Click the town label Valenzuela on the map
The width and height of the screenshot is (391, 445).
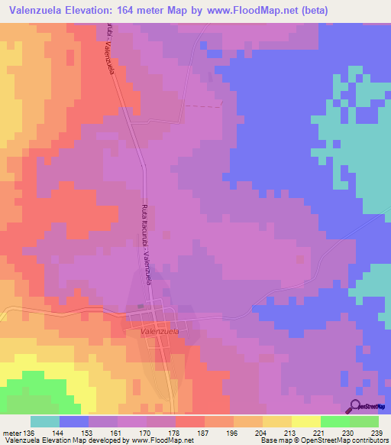pyautogui.click(x=160, y=333)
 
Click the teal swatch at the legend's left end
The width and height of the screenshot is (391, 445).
pyautogui.click(x=45, y=421)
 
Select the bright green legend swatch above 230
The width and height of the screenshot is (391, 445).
pyautogui.click(x=335, y=421)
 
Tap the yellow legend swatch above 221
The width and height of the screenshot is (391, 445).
pyautogui.click(x=306, y=421)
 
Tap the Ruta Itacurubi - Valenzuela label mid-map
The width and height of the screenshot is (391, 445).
pyautogui.click(x=147, y=245)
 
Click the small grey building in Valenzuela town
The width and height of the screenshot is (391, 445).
pyautogui.click(x=140, y=307)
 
